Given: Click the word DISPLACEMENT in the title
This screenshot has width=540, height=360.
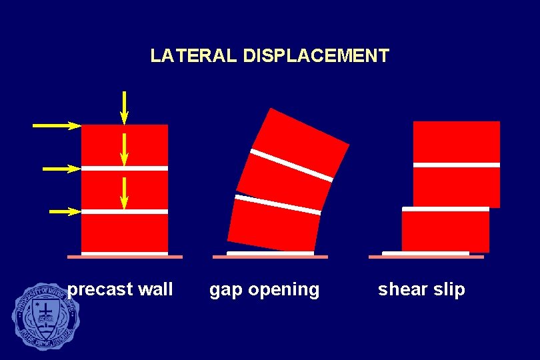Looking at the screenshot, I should coord(316,55).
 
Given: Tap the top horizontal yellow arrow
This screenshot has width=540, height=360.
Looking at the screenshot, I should coord(57,125).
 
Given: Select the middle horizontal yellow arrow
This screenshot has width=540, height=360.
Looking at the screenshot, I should coord(61,169).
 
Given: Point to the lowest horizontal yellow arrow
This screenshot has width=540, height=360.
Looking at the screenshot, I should coord(65,212).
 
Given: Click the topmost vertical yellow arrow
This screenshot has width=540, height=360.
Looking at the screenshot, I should coord(125,107).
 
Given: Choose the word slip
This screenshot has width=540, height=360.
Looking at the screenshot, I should coord(449,290).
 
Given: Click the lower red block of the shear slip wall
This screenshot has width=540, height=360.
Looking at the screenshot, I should coord(445,231).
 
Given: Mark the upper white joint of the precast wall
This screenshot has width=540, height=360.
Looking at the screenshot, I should coord(125,168).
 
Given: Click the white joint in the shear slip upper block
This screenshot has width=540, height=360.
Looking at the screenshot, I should coord(457,164).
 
